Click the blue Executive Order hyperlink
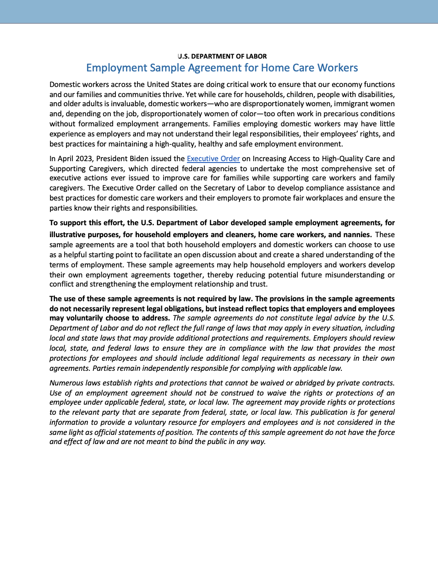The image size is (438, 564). [x=213, y=158]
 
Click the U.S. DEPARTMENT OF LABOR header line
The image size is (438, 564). [x=222, y=56]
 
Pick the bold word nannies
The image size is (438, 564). [x=355, y=234]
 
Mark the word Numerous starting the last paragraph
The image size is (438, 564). [x=67, y=383]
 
